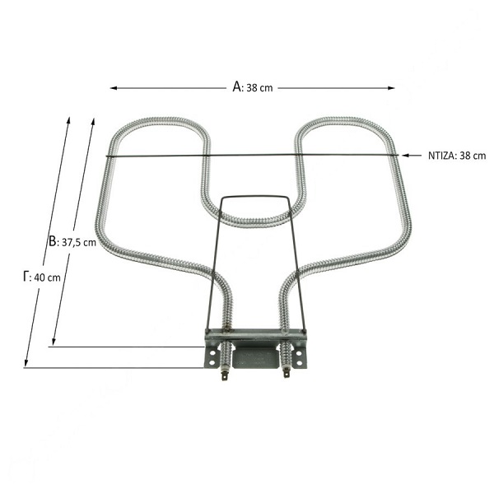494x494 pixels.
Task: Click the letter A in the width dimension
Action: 237,86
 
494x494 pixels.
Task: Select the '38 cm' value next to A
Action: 259,88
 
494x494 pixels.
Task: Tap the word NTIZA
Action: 441,156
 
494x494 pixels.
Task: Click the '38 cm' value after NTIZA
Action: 473,156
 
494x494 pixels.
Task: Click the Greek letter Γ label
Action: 26,276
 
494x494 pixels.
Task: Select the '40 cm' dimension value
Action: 47,277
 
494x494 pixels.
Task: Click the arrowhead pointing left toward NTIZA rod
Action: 405,156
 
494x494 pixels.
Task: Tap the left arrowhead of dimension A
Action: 114,88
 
